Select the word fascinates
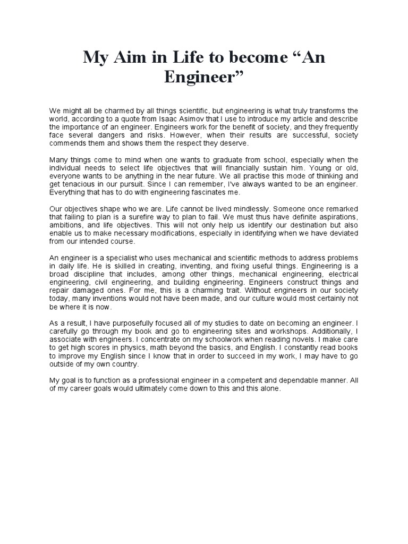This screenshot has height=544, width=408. click(x=203, y=192)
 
